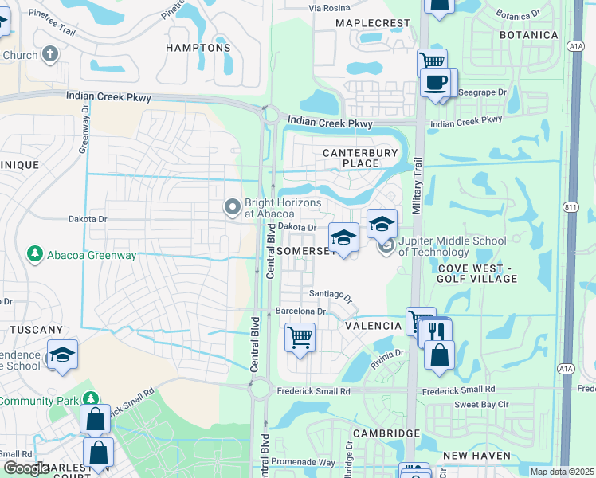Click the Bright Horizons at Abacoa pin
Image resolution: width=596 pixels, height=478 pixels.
coord(233,208)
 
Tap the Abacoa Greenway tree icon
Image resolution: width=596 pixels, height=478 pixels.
coord(34,254)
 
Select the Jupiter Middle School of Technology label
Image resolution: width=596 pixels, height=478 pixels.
coord(452,246)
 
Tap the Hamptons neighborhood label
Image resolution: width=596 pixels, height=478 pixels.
coord(198,48)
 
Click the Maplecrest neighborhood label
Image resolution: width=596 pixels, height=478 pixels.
coord(367,24)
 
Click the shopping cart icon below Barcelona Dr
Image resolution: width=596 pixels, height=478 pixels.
coord(300,337)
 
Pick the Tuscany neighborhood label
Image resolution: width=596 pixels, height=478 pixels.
coord(36,329)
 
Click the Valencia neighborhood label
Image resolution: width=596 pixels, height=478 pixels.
coord(373,326)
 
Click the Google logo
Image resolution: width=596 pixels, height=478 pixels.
coord(25,468)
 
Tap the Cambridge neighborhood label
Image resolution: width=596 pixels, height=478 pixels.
coord(389,433)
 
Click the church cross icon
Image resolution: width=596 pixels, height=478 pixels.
coord(50,55)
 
